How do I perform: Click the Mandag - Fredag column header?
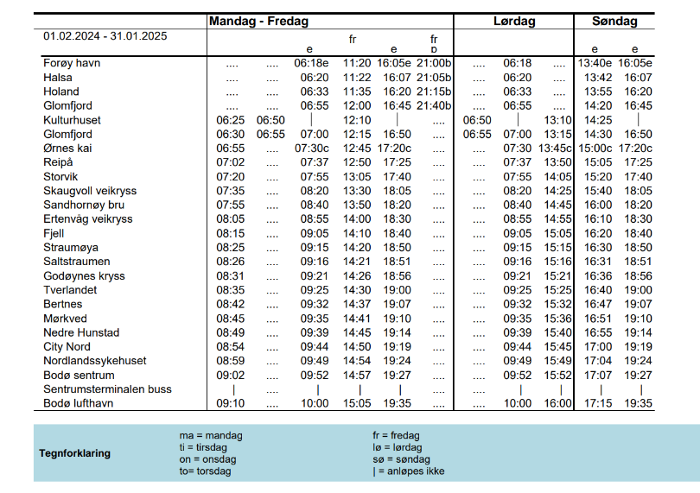pyautogui.click(x=259, y=22)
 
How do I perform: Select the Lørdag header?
pyautogui.click(x=514, y=22)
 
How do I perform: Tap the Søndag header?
pyautogui.click(x=614, y=22)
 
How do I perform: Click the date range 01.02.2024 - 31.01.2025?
pyautogui.click(x=105, y=36)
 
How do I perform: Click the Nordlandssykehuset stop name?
pyautogui.click(x=95, y=361)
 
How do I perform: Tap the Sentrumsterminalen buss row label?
pyautogui.click(x=108, y=389)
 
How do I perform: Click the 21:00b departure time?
pyautogui.click(x=434, y=63)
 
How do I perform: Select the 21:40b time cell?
pyautogui.click(x=434, y=105)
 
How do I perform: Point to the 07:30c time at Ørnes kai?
pyautogui.click(x=311, y=149)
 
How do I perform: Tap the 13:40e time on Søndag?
pyautogui.click(x=595, y=63)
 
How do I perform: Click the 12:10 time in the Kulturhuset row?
pyautogui.click(x=356, y=120)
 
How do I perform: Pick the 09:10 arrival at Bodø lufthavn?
pyautogui.click(x=231, y=403)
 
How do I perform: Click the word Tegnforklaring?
pyautogui.click(x=75, y=453)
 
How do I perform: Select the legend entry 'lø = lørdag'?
pyautogui.click(x=397, y=447)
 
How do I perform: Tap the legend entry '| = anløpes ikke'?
pyautogui.click(x=409, y=471)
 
